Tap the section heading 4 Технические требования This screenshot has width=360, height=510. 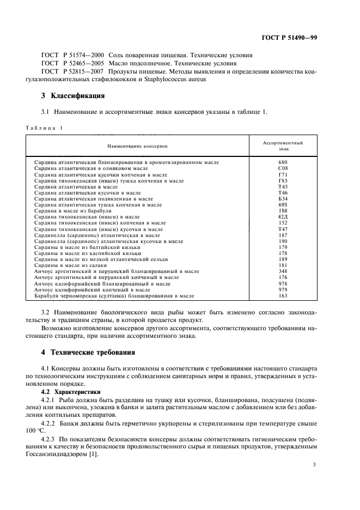pyautogui.click(x=88, y=352)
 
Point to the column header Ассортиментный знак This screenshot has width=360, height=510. pyautogui.click(x=283, y=145)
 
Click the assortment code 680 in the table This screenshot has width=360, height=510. pyautogui.click(x=283, y=162)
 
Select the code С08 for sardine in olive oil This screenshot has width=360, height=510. pyautogui.click(x=283, y=168)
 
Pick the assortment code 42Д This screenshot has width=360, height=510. pyautogui.click(x=283, y=217)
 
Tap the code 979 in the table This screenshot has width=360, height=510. pyautogui.click(x=283, y=290)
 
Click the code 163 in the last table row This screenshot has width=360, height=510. pyautogui.click(x=283, y=296)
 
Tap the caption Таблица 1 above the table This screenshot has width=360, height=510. pyautogui.click(x=44, y=127)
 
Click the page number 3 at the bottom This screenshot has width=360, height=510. pyautogui.click(x=314, y=464)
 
